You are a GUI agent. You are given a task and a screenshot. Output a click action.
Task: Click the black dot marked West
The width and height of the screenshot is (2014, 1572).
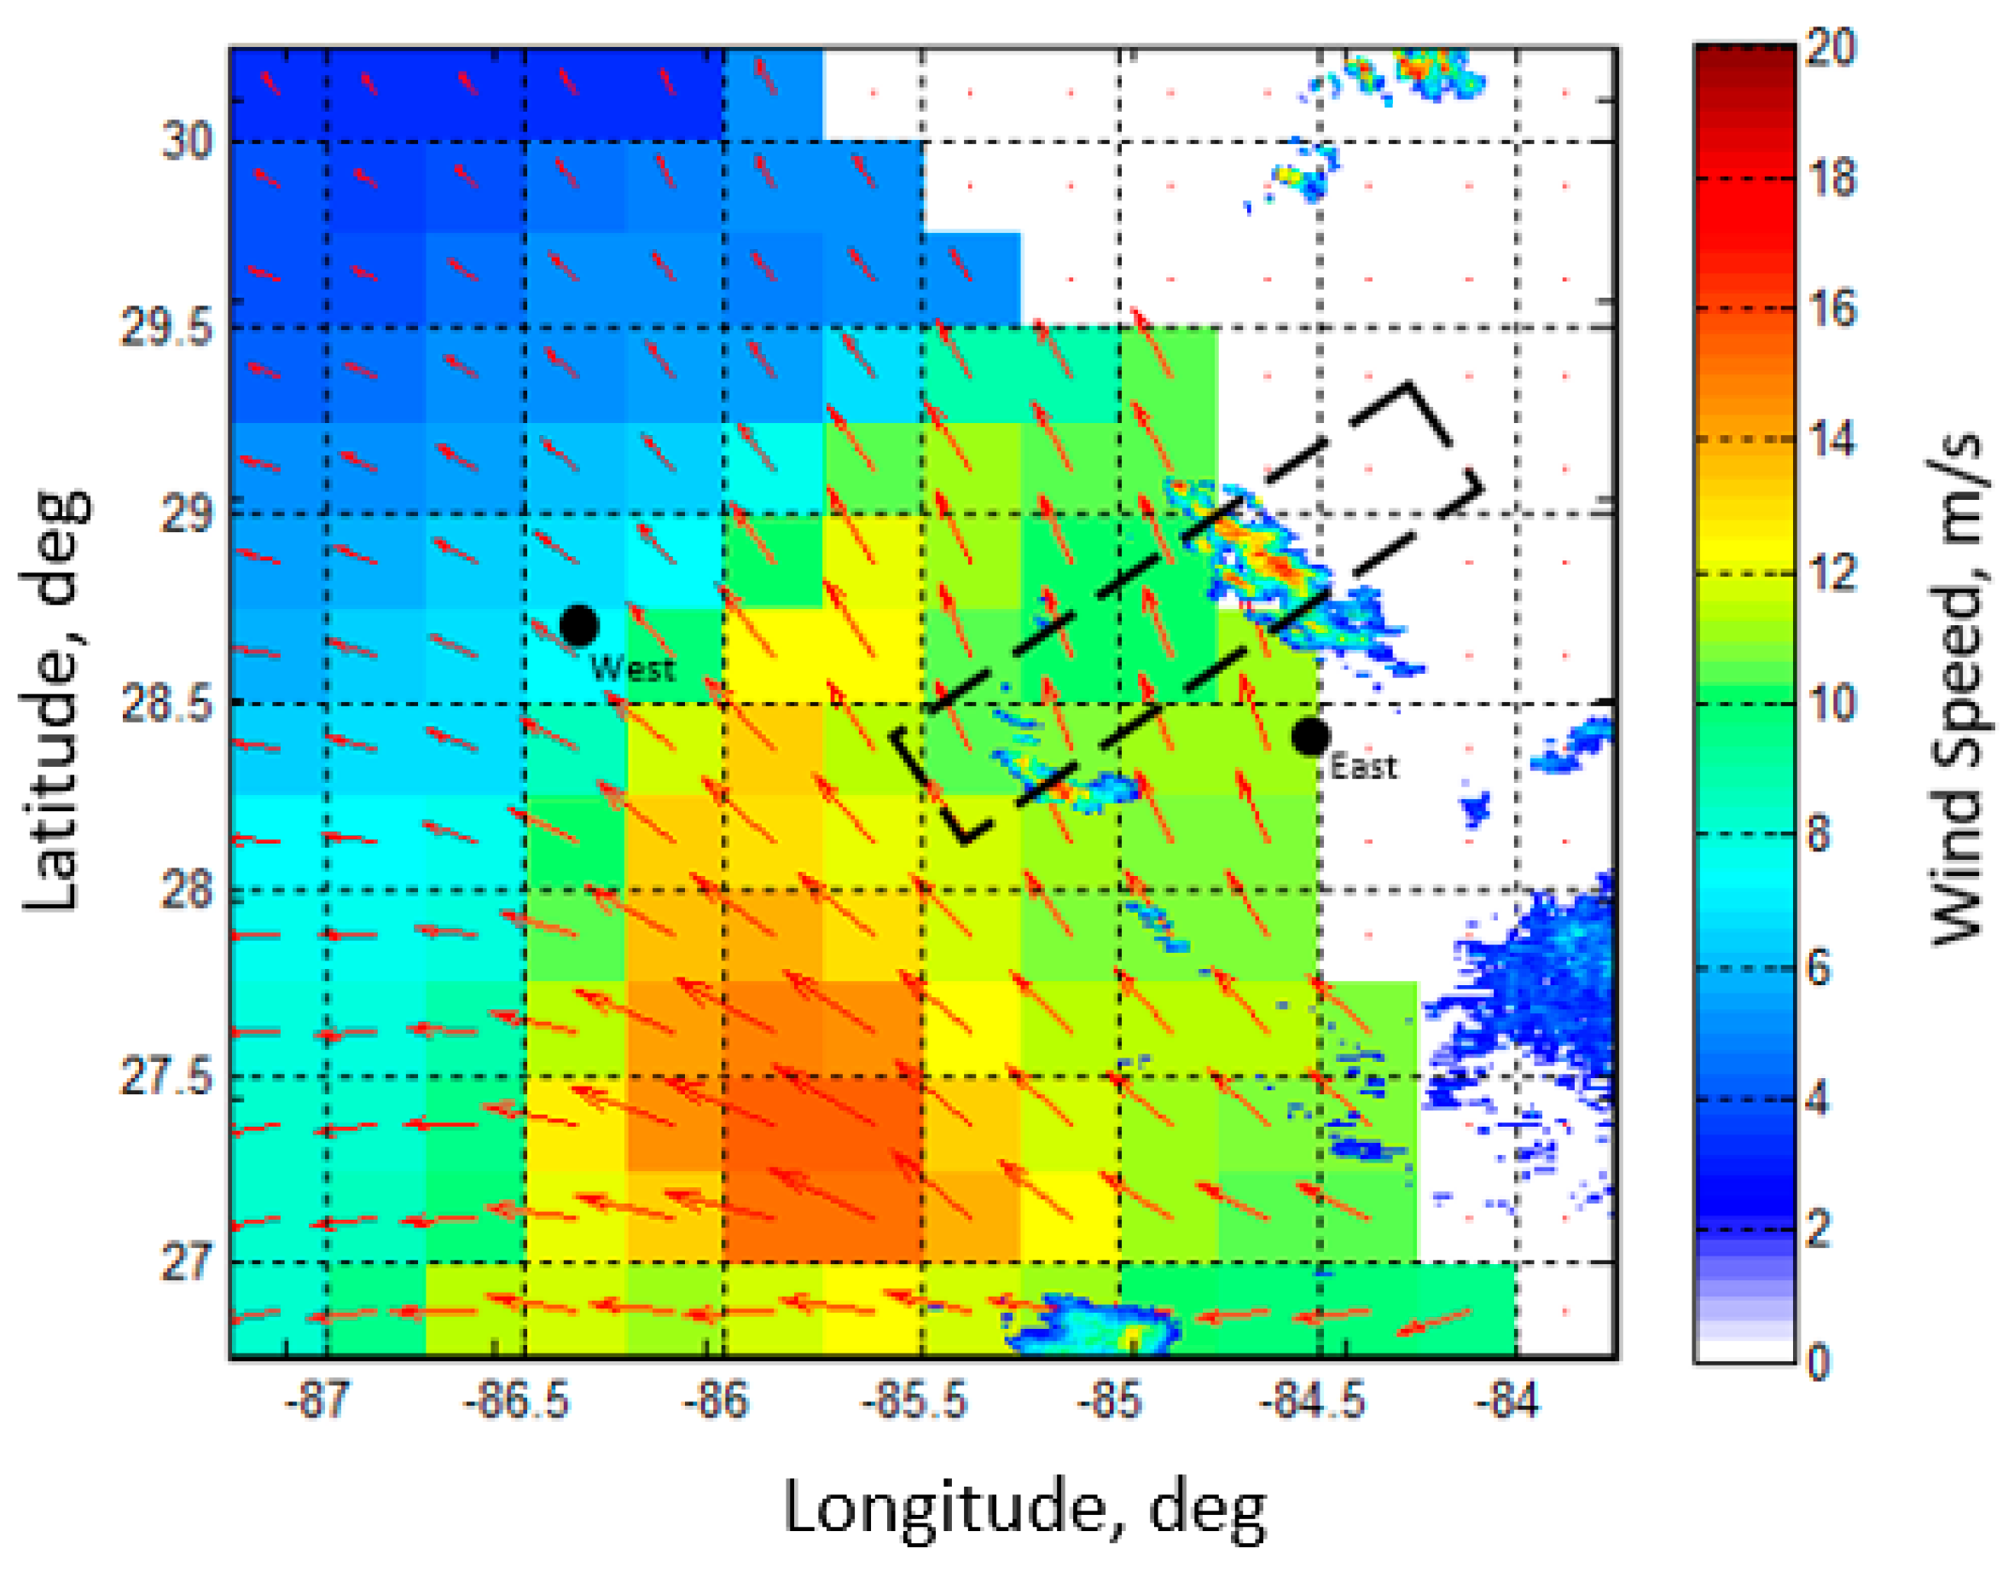[578, 625]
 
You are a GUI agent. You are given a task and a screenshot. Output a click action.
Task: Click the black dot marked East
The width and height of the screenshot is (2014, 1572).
[1310, 735]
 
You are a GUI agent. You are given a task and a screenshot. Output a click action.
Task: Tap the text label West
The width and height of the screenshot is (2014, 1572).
[633, 668]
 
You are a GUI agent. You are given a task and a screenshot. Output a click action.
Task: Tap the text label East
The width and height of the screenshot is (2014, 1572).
[1364, 766]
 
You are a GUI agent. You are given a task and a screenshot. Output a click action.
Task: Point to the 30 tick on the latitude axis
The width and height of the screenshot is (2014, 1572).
[187, 141]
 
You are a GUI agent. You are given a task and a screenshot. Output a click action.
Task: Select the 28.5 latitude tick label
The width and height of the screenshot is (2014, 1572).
[167, 705]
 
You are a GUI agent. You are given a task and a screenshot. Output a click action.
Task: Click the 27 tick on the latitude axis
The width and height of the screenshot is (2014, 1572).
[187, 1262]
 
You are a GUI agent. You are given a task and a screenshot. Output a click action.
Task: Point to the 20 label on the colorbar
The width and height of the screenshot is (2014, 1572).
[1831, 46]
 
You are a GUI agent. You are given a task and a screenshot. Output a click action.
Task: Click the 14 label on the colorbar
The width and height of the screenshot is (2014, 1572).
[1831, 440]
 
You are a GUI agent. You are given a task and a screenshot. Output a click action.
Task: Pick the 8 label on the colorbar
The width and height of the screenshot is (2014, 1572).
[1819, 834]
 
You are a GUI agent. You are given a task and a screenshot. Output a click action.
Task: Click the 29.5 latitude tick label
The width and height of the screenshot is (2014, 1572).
[167, 328]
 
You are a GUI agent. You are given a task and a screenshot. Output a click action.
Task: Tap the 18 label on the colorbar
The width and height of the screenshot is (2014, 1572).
[1831, 177]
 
